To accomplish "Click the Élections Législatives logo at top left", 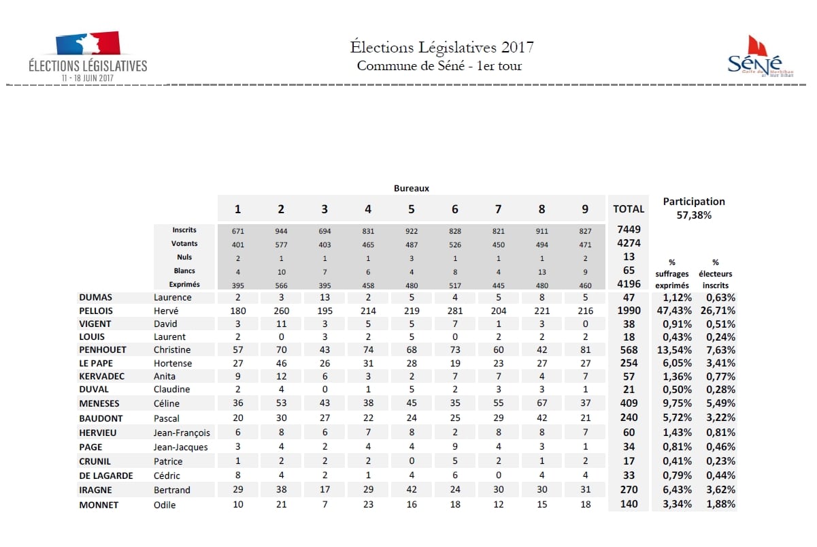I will click(x=87, y=57).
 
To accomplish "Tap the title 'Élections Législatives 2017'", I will click(x=441, y=47).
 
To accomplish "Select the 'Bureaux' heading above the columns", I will click(x=412, y=188).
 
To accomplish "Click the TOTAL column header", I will click(x=628, y=209).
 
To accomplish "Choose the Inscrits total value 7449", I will click(x=629, y=230).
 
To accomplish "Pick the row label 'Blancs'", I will click(x=184, y=270).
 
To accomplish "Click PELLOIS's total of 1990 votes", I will click(x=629, y=311).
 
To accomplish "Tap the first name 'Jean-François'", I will click(x=182, y=433).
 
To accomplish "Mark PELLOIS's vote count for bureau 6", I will click(x=455, y=311).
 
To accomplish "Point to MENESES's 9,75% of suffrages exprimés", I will click(x=678, y=403).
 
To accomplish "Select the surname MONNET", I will click(x=98, y=505).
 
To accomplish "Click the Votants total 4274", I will click(x=629, y=243).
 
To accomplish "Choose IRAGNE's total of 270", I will click(x=629, y=490).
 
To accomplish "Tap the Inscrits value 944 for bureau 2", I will click(x=281, y=231).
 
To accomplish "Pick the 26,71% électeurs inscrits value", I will click(x=720, y=311).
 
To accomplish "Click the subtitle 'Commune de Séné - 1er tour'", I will click(x=439, y=66).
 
